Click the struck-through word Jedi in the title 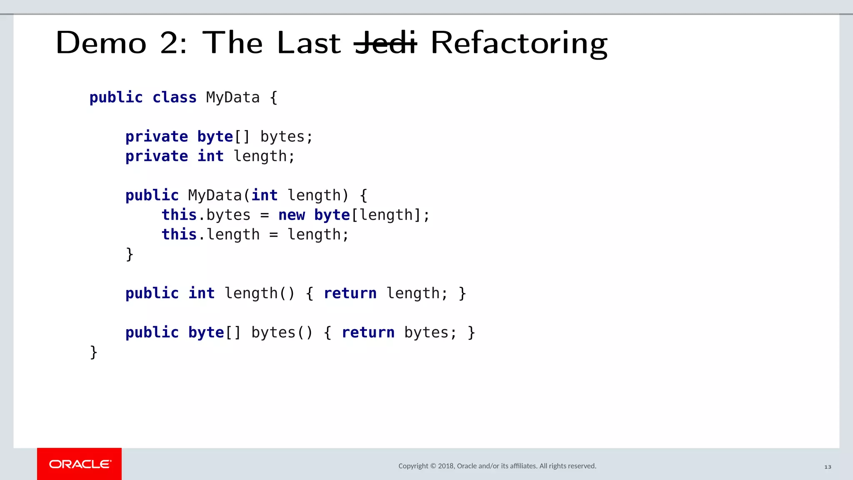coord(385,43)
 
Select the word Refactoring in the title coord(519,43)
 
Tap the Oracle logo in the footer coord(80,464)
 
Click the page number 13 coord(828,467)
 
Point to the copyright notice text coord(497,466)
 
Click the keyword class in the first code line coord(174,97)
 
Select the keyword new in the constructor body coord(292,215)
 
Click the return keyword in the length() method coord(350,293)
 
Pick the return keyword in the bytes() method coord(368,332)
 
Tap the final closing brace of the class coord(94,352)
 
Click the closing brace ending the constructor coord(130,254)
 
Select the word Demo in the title coord(101,43)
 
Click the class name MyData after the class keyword coord(233,97)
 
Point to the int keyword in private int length coord(210,156)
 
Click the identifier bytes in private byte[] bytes coord(283,137)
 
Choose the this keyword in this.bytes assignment coord(179,215)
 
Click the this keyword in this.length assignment coord(179,235)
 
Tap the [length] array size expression coord(387,215)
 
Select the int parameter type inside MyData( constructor coord(264,195)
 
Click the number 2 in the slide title coord(169,43)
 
